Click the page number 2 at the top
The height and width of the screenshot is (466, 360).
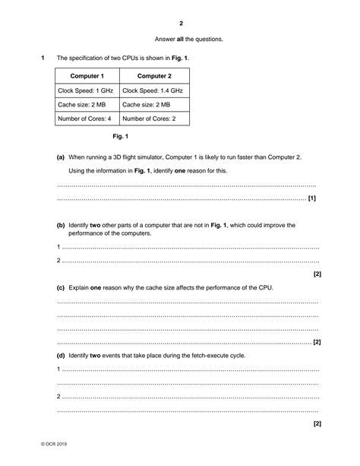click(x=180, y=23)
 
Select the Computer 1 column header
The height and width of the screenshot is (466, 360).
click(x=87, y=76)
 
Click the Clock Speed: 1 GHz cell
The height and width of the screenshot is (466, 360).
click(x=85, y=90)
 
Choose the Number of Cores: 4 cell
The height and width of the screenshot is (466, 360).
click(x=85, y=119)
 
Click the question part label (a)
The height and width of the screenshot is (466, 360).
click(x=61, y=157)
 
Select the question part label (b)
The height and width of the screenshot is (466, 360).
click(x=61, y=225)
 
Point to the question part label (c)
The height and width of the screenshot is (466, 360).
click(x=61, y=288)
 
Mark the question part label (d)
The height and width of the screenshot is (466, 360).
click(x=61, y=356)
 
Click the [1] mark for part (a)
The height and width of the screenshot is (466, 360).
click(x=312, y=198)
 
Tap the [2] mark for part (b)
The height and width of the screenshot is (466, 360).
click(x=317, y=274)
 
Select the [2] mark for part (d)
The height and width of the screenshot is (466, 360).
click(x=317, y=423)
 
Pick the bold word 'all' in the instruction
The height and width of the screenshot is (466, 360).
click(x=181, y=39)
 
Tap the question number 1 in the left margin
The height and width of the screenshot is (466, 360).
click(x=43, y=58)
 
